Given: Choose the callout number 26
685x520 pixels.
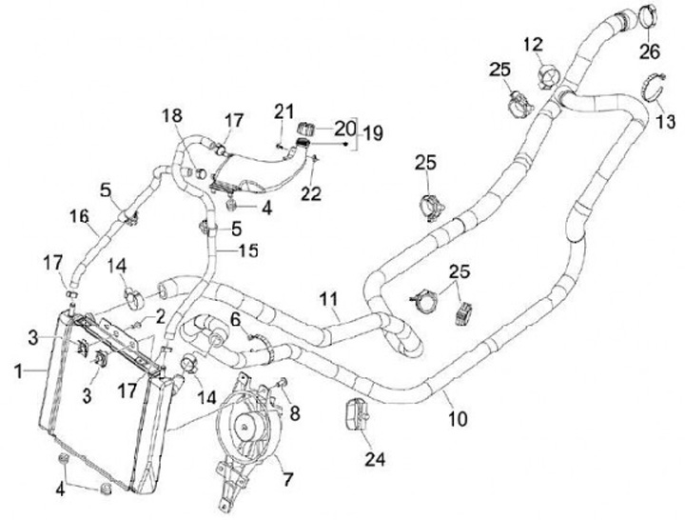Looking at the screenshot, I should click(x=650, y=50).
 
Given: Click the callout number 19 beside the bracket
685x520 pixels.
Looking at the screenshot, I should click(x=372, y=133).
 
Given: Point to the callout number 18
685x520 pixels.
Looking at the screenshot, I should click(x=171, y=115).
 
